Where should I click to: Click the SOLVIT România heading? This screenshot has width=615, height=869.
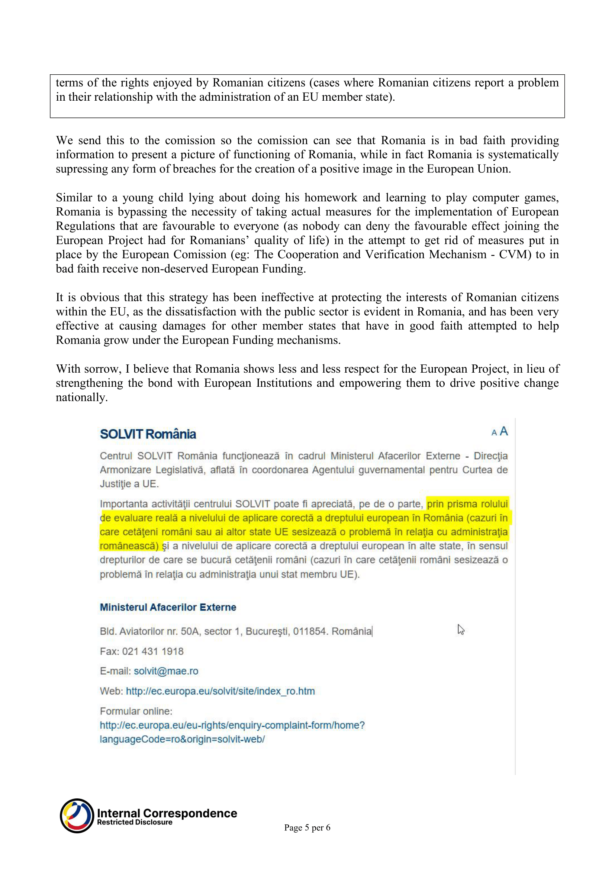[x=148, y=434]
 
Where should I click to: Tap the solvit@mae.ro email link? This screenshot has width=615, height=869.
[x=166, y=671]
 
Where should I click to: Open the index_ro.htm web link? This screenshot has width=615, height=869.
[x=220, y=691]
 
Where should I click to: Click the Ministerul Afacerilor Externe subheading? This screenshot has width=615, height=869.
[x=168, y=607]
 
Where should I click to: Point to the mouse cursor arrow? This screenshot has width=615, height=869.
[x=460, y=629]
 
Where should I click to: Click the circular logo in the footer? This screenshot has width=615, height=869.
[x=77, y=816]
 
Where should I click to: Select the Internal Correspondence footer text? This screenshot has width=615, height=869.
[x=167, y=813]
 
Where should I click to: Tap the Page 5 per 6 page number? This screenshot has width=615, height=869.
[x=307, y=828]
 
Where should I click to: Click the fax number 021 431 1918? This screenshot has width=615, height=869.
[x=152, y=651]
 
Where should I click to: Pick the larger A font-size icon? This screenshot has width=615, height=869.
[x=504, y=431]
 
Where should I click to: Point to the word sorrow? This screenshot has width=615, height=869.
[x=101, y=369]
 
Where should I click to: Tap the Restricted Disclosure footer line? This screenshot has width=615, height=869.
[x=135, y=823]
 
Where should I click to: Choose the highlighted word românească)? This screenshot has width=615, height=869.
[x=129, y=546]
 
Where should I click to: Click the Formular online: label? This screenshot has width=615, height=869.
[x=136, y=711]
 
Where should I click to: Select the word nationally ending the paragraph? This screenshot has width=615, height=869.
[x=81, y=398]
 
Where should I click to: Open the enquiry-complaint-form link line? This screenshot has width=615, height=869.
[x=232, y=725]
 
